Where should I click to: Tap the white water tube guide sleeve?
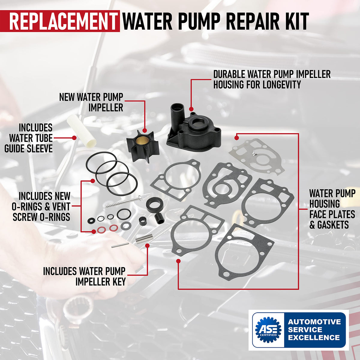point(82,131)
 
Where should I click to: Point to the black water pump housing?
point(193,130)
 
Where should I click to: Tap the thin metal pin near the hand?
point(120,245)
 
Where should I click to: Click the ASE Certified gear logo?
point(268,329)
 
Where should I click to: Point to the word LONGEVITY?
point(282,84)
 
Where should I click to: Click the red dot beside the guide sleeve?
point(74,138)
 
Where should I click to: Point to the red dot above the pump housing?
point(191,109)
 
